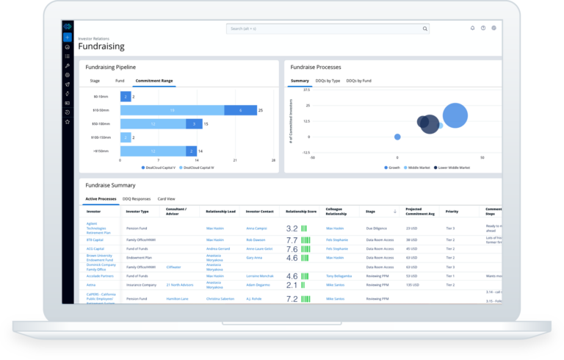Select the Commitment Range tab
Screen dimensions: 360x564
(x=154, y=80)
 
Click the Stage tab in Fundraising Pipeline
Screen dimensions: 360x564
(x=95, y=80)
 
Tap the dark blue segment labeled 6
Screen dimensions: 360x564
(x=240, y=110)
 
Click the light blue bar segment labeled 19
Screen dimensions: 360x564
(x=172, y=110)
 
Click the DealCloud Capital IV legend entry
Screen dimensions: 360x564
(x=200, y=168)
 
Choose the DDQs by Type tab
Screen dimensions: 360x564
(x=328, y=80)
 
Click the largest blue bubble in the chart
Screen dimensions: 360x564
(x=455, y=115)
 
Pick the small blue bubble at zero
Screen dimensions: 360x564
(x=397, y=137)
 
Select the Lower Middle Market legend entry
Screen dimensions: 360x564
(x=454, y=168)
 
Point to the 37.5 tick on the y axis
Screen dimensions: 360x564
(x=306, y=90)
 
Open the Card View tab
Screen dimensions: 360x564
(x=166, y=199)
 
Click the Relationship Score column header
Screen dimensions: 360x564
(x=300, y=212)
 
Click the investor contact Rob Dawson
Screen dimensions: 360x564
(x=256, y=240)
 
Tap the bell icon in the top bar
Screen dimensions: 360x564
(x=472, y=29)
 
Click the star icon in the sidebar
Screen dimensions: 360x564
(x=67, y=121)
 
